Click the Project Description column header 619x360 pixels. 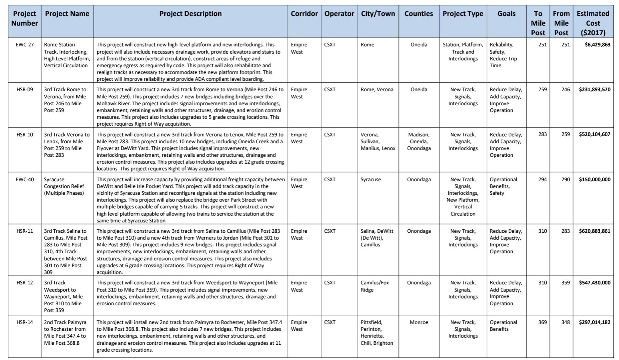(190, 14)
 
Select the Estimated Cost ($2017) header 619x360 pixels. (593, 23)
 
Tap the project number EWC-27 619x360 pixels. (25, 45)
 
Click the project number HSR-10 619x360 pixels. (25, 135)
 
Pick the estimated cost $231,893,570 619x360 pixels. (594, 90)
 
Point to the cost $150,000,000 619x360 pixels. (594, 180)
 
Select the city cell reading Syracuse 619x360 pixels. (371, 180)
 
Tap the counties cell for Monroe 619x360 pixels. (419, 322)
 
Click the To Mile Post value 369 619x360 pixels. (542, 322)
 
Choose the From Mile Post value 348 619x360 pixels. (565, 322)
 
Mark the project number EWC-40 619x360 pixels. (25, 180)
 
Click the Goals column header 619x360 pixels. (506, 14)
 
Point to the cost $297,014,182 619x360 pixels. (594, 322)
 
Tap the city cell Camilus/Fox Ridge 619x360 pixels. (375, 286)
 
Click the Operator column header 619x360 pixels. (339, 14)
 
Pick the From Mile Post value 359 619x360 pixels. (565, 283)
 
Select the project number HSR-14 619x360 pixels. (25, 322)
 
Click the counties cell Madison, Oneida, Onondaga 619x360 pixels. (419, 142)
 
